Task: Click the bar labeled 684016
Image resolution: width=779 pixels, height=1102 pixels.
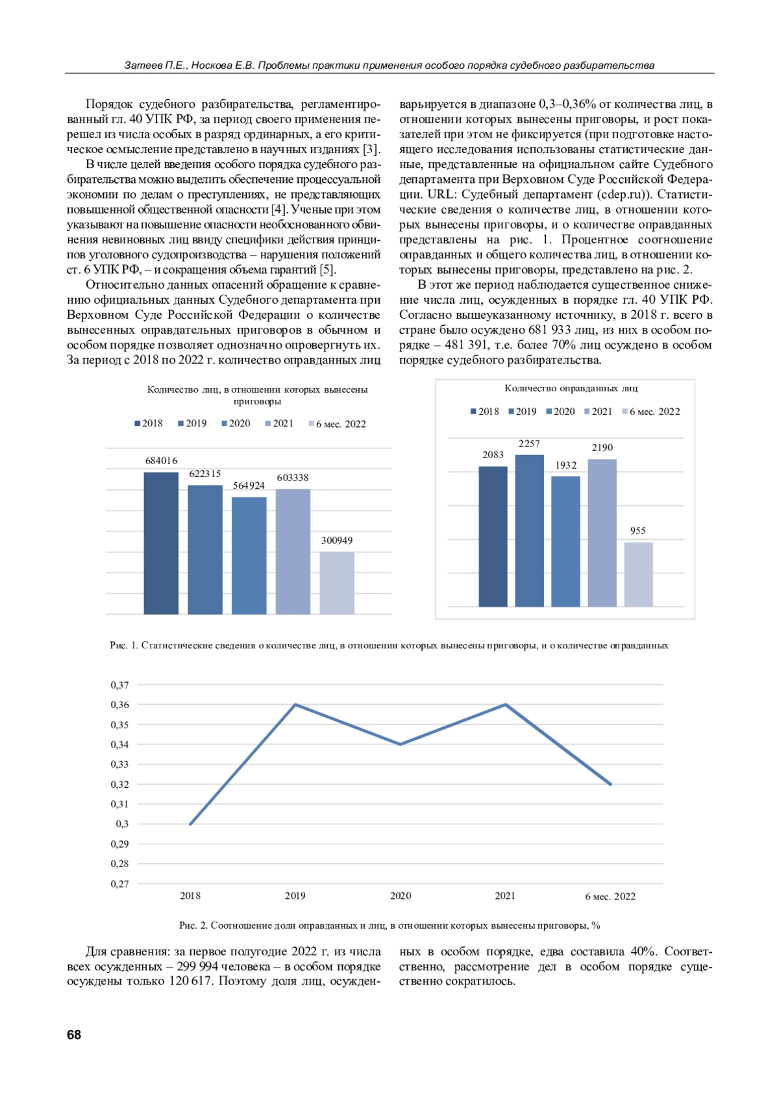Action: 161,543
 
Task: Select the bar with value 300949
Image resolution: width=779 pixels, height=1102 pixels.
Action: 337,582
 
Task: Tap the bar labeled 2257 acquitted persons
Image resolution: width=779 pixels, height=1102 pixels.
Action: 529,530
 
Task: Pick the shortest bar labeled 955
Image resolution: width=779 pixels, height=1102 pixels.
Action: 638,574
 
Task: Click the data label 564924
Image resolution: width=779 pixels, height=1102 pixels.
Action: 249,485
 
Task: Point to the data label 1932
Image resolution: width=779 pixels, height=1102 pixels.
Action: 565,465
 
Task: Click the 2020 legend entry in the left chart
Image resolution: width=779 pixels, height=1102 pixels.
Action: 236,424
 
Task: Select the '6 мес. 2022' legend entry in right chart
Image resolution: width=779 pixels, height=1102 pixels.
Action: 651,411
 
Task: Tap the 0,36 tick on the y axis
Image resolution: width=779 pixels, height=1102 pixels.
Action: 120,705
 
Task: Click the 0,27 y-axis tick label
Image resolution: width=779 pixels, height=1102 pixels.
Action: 120,884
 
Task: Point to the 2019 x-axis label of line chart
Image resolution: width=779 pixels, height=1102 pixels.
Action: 295,896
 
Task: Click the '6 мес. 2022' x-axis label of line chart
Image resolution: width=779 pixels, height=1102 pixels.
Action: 610,896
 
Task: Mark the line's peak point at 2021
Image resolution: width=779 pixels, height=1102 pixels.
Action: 505,705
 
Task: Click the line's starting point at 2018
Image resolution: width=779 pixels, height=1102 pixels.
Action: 190,824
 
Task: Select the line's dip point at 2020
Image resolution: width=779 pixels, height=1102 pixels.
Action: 401,744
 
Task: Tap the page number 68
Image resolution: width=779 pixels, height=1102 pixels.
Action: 74,1035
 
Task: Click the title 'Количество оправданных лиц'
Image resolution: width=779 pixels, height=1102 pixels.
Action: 571,388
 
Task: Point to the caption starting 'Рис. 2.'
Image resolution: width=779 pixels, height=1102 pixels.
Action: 389,925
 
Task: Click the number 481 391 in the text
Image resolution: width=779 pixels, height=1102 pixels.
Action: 467,345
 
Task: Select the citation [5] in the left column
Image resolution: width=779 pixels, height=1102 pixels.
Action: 327,269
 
